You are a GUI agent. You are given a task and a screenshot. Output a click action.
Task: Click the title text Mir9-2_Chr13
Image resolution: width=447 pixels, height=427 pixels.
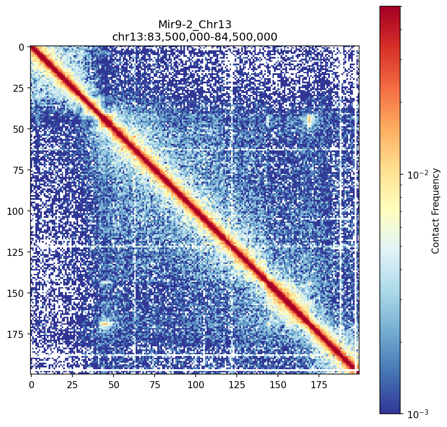(195, 25)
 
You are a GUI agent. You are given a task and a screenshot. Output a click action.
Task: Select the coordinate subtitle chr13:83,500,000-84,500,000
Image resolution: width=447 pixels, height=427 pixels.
(195, 37)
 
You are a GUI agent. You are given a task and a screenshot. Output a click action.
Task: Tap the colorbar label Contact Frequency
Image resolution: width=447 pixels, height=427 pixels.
(436, 210)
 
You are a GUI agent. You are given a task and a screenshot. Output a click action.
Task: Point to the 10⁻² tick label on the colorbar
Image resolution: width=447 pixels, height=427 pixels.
(415, 175)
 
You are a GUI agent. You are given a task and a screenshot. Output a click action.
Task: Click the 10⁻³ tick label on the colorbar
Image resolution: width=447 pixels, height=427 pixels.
(415, 413)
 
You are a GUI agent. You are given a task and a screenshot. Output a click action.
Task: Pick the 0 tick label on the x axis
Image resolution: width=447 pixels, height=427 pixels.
(31, 385)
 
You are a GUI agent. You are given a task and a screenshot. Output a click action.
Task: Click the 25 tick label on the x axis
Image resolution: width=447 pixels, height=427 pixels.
(72, 385)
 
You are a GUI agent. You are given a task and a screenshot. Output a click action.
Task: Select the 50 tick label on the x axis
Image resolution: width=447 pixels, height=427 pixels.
(113, 385)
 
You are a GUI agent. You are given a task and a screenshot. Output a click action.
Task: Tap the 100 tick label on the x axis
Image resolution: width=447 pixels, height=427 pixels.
(195, 385)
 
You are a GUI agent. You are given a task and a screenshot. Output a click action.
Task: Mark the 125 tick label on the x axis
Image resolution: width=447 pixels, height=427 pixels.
(236, 385)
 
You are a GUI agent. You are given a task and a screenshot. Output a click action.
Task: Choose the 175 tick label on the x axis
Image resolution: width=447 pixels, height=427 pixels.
(318, 385)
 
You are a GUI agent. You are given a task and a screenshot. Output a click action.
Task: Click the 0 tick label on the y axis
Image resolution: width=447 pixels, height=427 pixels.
(21, 47)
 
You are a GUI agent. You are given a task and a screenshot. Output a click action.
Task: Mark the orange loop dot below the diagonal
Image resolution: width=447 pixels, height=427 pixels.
(105, 324)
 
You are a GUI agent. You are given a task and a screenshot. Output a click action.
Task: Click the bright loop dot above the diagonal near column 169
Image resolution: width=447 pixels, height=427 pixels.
(309, 119)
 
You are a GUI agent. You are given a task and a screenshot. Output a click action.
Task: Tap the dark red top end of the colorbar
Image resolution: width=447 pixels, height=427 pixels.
(390, 9)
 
